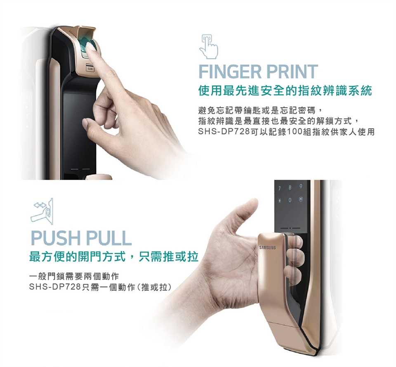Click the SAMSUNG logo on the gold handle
(268, 248)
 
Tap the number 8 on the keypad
(290, 188)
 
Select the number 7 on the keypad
(280, 188)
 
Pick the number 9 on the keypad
(301, 187)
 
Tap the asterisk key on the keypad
(280, 201)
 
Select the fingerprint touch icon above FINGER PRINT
(209, 47)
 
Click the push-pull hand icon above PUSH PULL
(42, 211)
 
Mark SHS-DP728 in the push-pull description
(55, 287)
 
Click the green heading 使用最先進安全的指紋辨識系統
(285, 91)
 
